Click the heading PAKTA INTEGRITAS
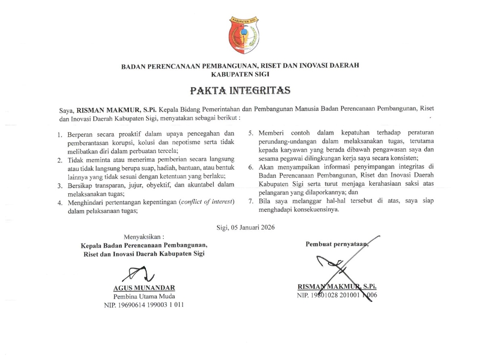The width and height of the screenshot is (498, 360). point(241,90)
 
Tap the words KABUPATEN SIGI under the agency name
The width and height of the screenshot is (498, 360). point(241,74)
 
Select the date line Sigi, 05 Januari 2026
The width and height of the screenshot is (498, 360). point(245,227)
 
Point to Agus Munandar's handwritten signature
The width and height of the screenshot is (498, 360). point(139,274)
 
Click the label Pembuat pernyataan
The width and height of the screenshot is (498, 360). point(337,243)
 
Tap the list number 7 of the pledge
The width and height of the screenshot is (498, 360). point(251,201)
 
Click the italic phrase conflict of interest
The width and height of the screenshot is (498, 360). point(207,202)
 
